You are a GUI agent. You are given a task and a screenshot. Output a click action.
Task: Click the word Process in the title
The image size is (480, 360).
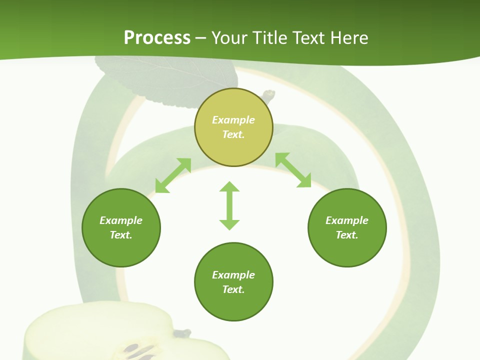(157, 38)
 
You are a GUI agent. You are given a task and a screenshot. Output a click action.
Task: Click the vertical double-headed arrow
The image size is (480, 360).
(229, 205)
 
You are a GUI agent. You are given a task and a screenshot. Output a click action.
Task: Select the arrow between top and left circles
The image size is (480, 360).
(173, 175)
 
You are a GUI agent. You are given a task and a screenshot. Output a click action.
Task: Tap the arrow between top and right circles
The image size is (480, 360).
(293, 170)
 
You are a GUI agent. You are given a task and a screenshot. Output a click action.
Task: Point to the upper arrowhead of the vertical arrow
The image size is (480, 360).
(229, 186)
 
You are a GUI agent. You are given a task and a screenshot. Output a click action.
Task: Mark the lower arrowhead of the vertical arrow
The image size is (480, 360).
(229, 224)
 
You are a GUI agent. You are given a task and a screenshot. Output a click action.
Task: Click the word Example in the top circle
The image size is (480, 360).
(233, 120)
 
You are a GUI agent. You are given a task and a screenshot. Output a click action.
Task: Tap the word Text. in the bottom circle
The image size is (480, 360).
(233, 289)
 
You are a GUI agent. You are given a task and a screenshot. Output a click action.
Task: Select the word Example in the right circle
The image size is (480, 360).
(347, 220)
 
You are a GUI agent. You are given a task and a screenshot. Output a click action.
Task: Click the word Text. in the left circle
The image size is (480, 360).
(121, 235)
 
